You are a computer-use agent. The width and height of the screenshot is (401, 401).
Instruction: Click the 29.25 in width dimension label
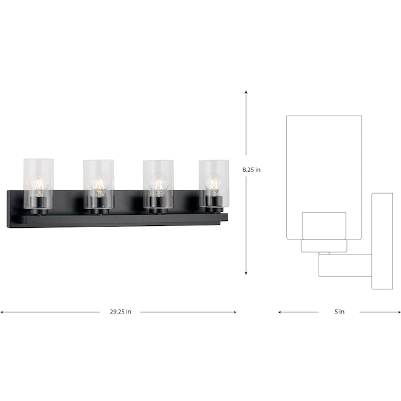pos(120,312)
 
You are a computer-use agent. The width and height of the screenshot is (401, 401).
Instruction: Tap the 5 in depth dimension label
pos(339,312)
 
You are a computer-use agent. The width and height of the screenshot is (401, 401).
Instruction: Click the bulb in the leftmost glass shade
pos(38,185)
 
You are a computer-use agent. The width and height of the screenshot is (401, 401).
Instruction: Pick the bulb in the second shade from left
pos(98,185)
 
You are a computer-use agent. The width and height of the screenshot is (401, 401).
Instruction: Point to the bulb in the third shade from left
pos(158,185)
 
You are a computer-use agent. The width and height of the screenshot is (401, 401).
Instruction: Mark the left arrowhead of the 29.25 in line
pos(2,312)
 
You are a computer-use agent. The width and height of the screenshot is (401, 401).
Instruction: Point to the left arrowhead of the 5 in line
pos(280,312)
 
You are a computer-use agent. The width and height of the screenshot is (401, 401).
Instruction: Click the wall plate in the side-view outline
pos(382,241)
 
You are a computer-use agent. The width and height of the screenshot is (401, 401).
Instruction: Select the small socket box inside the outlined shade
pos(323,225)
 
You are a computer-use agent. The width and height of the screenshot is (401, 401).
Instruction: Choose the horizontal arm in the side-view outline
pos(345,265)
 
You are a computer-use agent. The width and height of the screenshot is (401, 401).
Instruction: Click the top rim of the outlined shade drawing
pos(323,115)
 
